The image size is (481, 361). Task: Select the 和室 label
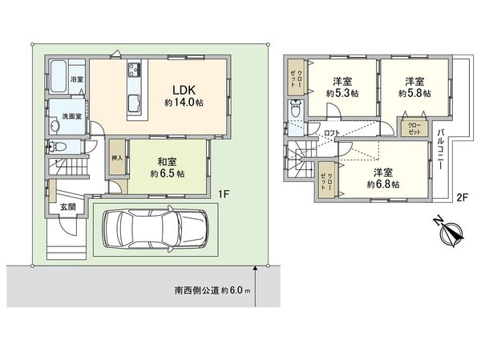click(168, 160)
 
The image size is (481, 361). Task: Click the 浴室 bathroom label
click(76, 80)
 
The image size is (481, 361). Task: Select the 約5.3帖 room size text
click(342, 93)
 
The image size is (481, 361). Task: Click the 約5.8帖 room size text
click(414, 93)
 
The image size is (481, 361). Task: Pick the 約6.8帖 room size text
click(384, 184)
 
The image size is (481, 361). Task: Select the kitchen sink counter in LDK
click(133, 87)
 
